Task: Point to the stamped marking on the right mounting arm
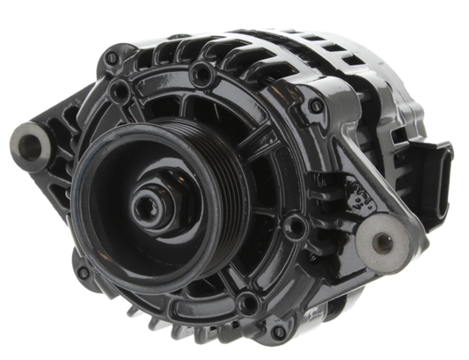pos(360,198)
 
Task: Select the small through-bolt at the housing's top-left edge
pos(110,56)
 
